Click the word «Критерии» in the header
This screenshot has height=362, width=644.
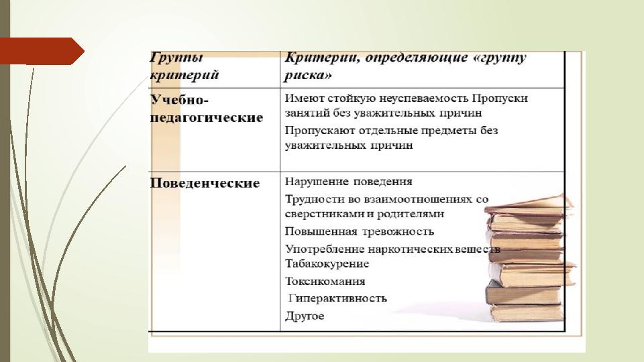(x=319, y=58)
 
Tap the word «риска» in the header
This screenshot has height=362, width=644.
(x=308, y=75)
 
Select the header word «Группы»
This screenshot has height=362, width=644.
(x=176, y=57)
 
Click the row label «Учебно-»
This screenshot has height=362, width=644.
(x=180, y=100)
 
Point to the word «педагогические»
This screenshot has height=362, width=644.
(x=206, y=118)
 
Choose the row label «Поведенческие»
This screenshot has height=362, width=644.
(x=205, y=183)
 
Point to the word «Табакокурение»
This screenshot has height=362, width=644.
(x=327, y=263)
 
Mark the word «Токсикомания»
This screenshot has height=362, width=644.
(x=325, y=282)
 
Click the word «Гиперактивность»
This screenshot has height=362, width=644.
(x=337, y=298)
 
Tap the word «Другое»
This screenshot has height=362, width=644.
(x=305, y=316)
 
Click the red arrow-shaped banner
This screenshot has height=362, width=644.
(x=42, y=52)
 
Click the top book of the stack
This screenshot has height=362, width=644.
(x=529, y=206)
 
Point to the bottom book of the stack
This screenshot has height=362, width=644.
(x=527, y=314)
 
